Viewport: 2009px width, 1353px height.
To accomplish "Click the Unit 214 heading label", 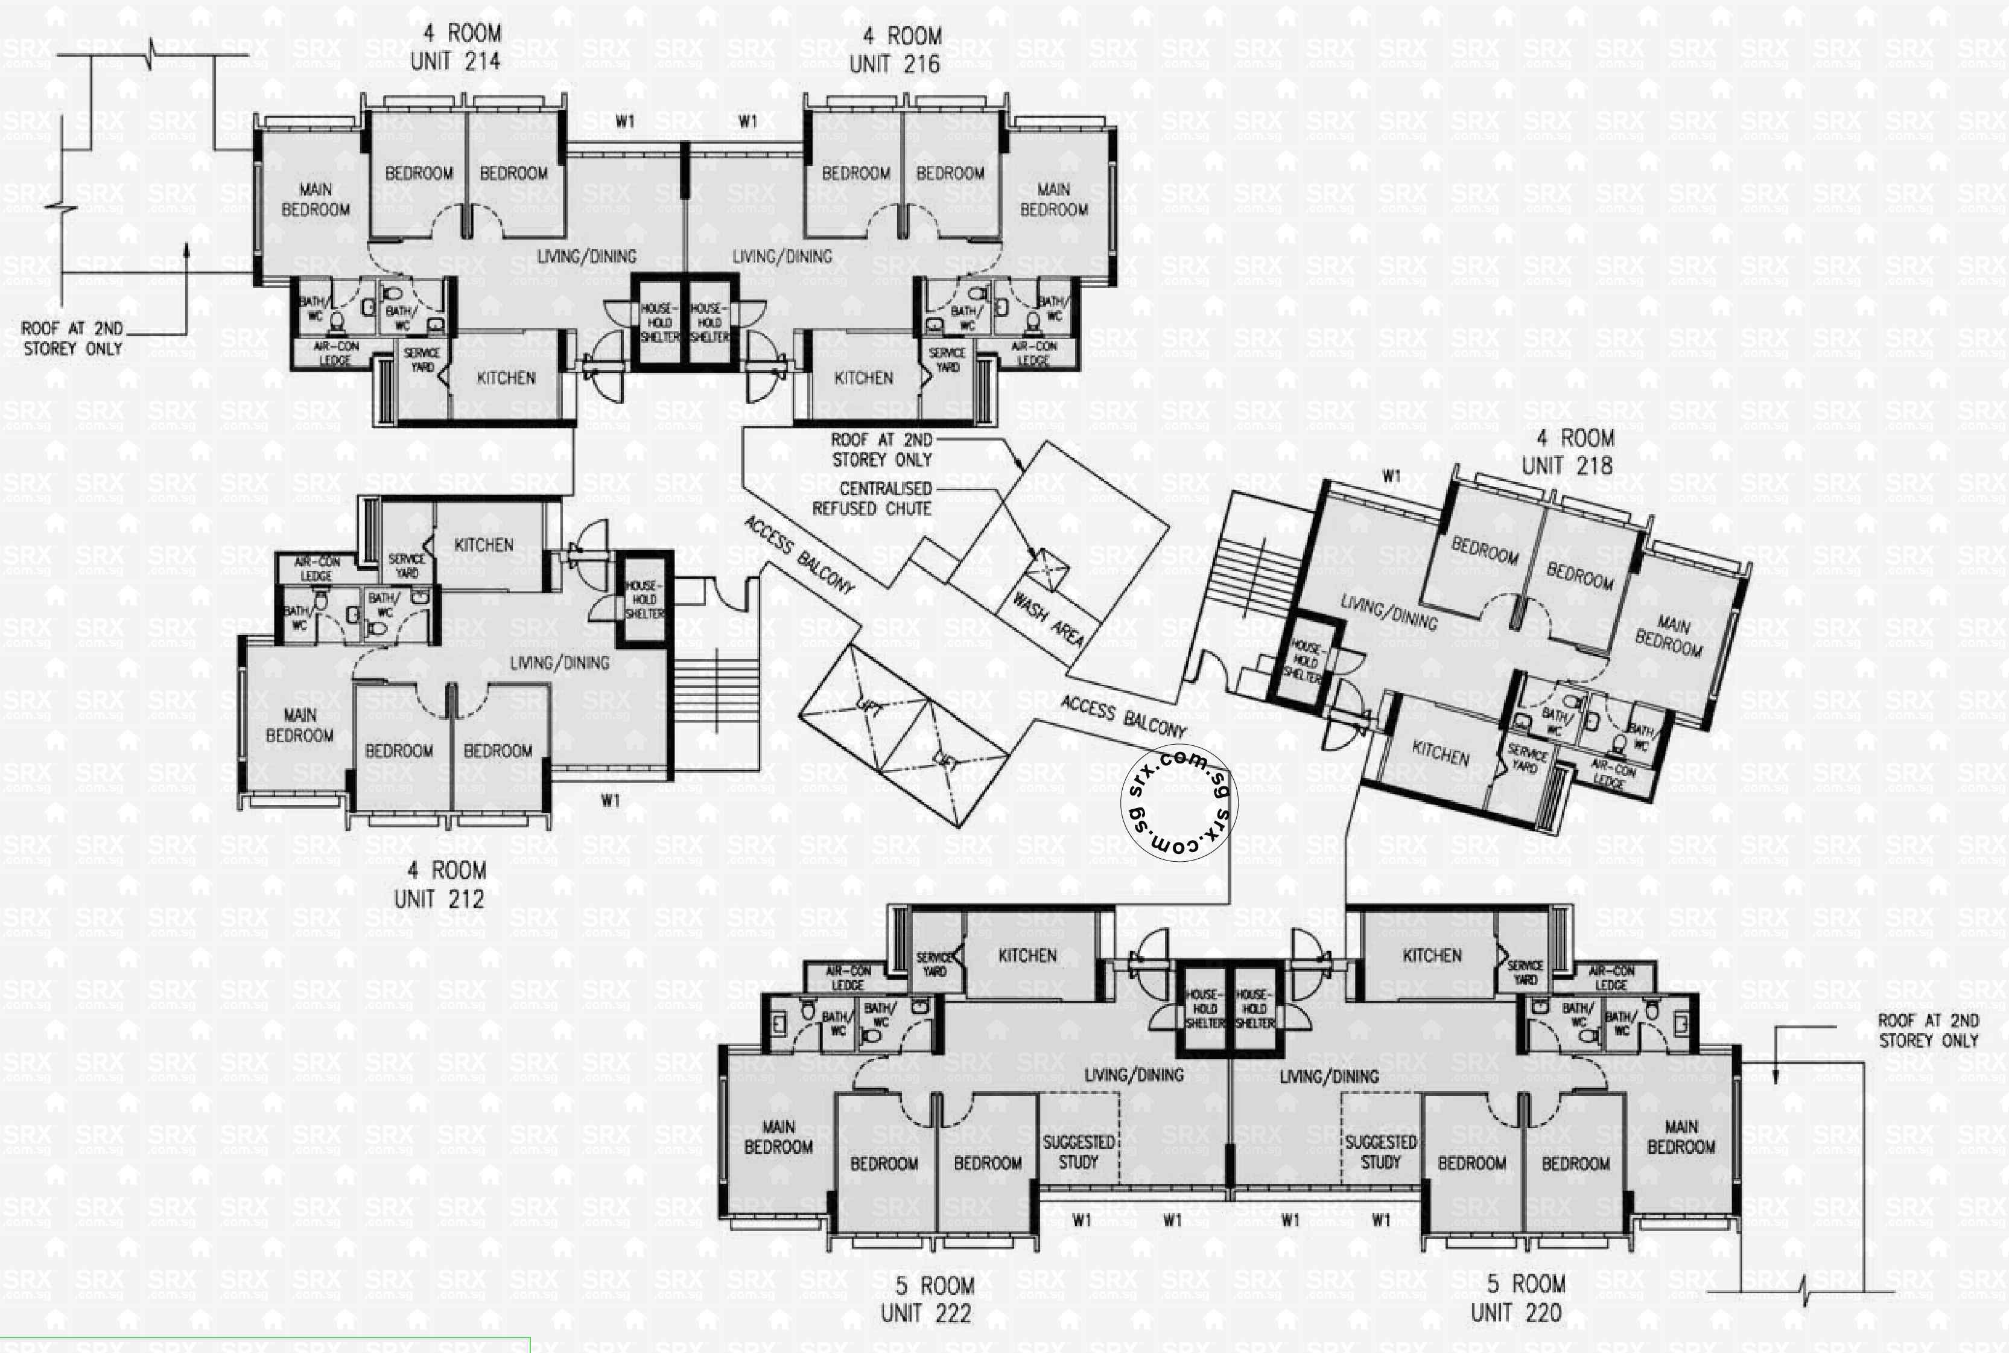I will click(455, 48).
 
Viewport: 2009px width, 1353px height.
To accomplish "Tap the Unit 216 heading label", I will click(895, 50).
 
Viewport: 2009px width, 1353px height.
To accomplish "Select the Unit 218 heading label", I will click(1567, 452).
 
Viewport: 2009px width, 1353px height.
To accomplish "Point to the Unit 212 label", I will click(439, 885).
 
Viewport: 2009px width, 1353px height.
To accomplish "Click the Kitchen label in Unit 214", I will click(506, 378).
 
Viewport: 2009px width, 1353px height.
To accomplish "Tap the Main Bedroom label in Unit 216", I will click(1053, 199).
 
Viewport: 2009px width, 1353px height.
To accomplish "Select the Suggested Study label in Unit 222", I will click(1078, 1152).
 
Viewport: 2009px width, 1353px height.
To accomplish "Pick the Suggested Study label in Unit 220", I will click(1380, 1152).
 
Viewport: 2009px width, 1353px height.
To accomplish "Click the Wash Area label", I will click(1047, 620).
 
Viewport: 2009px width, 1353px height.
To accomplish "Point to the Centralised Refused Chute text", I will click(872, 498).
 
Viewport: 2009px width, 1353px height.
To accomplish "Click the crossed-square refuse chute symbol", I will click(1046, 570).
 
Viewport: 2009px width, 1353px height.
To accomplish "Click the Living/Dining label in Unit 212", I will click(559, 663).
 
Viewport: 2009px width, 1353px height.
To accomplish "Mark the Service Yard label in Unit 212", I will click(406, 566).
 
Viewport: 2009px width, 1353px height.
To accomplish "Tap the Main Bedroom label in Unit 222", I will click(778, 1138).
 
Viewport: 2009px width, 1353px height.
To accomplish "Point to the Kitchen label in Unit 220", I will click(1431, 955).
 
